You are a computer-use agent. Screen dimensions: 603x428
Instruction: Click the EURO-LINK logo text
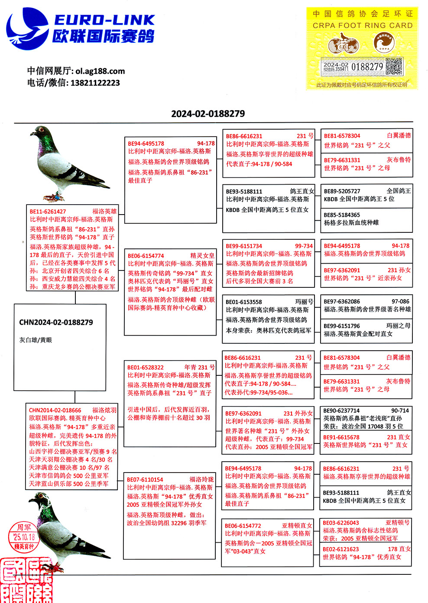coord(104,20)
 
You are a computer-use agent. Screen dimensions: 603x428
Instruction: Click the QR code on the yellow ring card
coord(393,66)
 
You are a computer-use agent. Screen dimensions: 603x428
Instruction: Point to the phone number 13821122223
coord(95,83)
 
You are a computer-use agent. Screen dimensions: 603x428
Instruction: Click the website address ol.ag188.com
coord(100,71)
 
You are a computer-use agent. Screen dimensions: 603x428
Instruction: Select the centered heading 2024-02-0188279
coord(208,114)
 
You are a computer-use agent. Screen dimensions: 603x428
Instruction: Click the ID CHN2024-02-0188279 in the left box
coord(56,323)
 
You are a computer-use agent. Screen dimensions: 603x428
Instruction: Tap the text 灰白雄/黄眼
coord(36,340)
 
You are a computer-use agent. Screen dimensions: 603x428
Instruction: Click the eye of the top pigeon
coord(42,130)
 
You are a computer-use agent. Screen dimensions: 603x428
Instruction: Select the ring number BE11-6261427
coord(48,212)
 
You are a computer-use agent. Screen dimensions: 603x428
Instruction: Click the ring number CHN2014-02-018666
coord(55,410)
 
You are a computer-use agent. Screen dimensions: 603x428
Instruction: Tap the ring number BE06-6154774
coord(146,256)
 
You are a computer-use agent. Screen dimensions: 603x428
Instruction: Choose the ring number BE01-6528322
coord(146,367)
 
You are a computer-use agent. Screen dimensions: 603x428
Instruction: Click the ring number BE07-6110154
coord(145,479)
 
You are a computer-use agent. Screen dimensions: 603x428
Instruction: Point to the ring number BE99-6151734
coord(244,246)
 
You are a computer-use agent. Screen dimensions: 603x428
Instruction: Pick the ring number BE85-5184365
coord(342,215)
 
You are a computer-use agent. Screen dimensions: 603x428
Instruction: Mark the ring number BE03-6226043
coord(341,523)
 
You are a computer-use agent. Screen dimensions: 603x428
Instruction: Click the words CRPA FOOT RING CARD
coord(363,26)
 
